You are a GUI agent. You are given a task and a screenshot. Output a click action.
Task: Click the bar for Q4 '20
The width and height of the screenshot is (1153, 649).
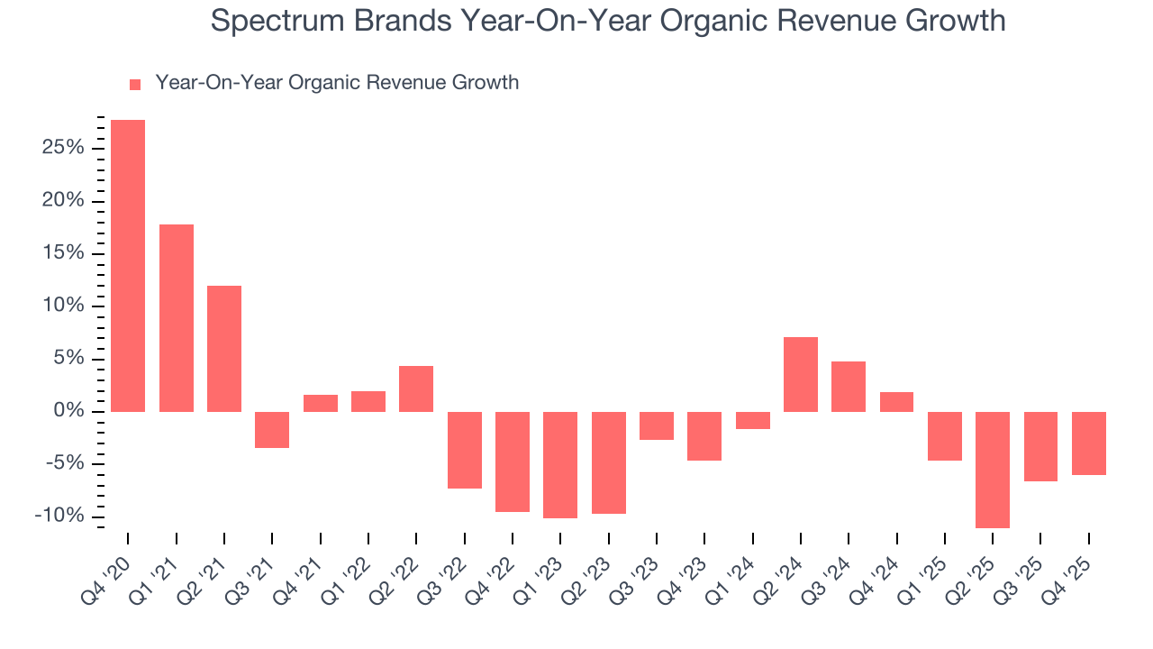point(128,266)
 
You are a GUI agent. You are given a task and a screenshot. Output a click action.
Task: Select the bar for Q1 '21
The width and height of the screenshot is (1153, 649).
point(177,318)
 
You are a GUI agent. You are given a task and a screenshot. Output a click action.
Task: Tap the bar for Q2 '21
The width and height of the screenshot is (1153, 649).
point(224,349)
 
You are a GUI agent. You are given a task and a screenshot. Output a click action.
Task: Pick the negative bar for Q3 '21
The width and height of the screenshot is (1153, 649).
point(272,430)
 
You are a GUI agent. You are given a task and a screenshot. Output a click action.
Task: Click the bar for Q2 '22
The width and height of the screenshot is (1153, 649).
point(416,388)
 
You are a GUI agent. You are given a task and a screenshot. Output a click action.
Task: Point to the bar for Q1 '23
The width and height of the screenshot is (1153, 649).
point(560,465)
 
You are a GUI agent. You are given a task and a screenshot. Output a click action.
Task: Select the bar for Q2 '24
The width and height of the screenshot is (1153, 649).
point(801,374)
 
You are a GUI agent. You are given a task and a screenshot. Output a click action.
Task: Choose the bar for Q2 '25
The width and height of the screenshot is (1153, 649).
point(993,470)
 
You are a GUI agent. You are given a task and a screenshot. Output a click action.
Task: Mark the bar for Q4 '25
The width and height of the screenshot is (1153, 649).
point(1089,443)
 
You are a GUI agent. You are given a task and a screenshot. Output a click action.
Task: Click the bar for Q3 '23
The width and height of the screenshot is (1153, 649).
point(657,425)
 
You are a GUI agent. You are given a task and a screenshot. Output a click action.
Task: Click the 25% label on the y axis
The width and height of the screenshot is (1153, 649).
point(63,148)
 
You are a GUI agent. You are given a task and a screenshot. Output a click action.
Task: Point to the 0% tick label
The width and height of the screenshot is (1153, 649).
point(68,412)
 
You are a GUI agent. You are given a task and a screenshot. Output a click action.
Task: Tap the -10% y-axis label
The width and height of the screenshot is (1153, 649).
point(59,516)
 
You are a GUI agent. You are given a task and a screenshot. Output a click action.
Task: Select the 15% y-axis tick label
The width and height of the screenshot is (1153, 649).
point(63,253)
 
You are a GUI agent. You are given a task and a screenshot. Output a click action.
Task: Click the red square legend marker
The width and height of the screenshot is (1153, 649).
point(135,85)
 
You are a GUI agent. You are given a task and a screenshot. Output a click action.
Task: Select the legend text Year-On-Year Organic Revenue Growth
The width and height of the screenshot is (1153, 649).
point(337,83)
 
